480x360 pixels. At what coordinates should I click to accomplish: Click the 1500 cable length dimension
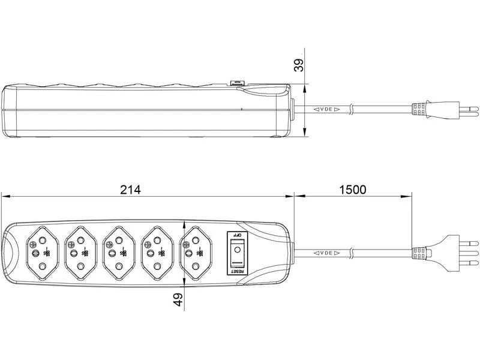(x=352, y=190)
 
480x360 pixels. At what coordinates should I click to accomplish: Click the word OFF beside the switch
(x=237, y=236)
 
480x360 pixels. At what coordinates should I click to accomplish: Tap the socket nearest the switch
(x=196, y=253)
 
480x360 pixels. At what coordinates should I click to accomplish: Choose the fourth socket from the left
(x=157, y=253)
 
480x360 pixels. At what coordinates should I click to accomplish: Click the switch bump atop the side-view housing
(x=237, y=83)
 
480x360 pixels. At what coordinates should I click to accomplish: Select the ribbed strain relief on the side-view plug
(x=420, y=110)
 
